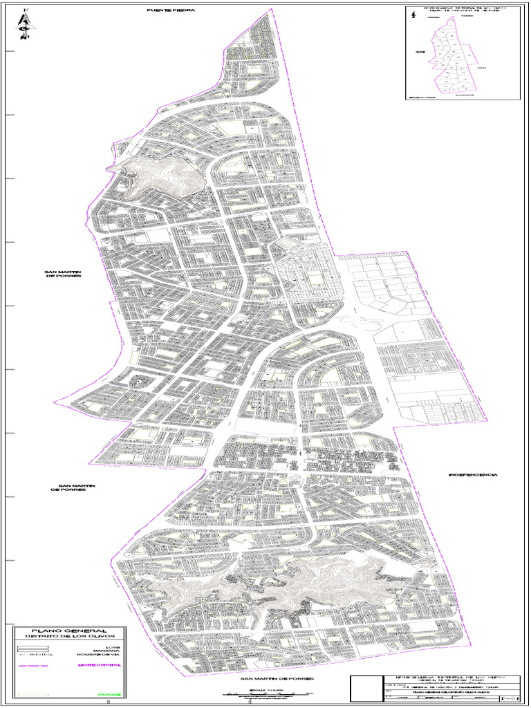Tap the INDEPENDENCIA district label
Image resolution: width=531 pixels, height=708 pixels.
click(x=473, y=475)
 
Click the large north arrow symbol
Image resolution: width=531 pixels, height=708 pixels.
click(x=26, y=24)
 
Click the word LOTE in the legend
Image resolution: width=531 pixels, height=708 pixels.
click(x=114, y=647)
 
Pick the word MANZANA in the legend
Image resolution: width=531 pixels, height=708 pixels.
click(x=110, y=652)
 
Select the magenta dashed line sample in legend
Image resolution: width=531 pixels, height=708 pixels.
click(x=32, y=666)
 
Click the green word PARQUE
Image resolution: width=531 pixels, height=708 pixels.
click(x=111, y=694)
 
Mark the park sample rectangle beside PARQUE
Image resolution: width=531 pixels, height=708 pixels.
click(x=32, y=693)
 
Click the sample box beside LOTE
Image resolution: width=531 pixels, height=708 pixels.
click(x=32, y=648)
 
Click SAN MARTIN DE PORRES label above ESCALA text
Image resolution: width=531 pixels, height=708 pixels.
click(x=272, y=679)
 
